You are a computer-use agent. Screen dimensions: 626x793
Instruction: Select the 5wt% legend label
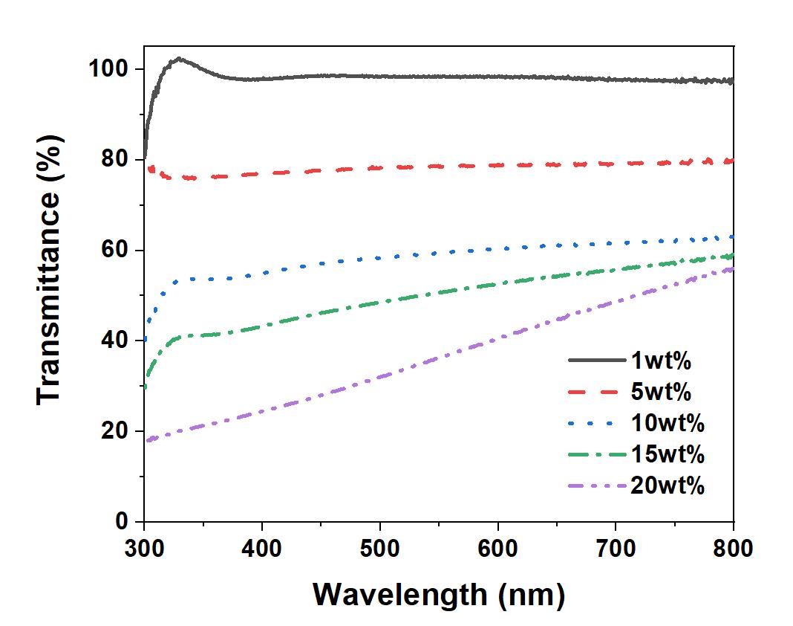[661, 392]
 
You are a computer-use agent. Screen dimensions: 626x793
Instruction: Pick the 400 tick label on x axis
[262, 549]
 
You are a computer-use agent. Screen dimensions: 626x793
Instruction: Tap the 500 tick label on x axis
[380, 549]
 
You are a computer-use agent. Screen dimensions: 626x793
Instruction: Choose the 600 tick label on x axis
[497, 549]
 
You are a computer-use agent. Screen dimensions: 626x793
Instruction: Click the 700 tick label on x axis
[616, 549]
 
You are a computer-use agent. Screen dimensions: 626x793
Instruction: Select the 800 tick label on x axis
[733, 549]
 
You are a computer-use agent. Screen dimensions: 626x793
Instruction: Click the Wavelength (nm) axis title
[438, 595]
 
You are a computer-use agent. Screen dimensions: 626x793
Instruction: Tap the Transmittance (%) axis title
[49, 295]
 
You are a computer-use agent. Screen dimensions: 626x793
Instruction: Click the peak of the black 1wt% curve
[179, 58]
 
